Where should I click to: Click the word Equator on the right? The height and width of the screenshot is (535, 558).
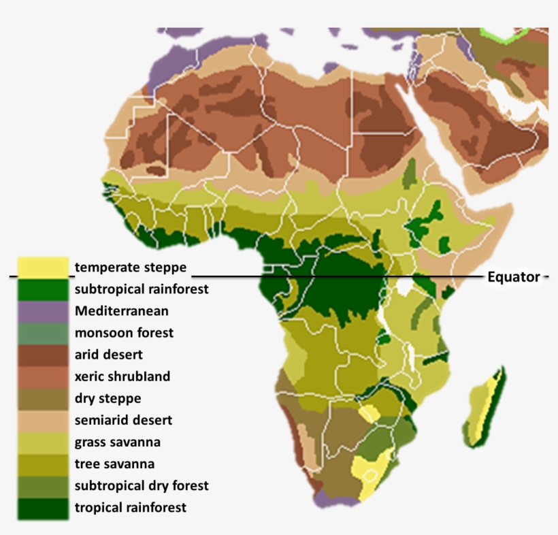pyautogui.click(x=514, y=277)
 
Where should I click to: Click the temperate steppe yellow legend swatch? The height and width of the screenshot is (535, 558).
pyautogui.click(x=44, y=267)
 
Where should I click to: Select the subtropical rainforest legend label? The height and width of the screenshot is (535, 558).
pyautogui.click(x=142, y=289)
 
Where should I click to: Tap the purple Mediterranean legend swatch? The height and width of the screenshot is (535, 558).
pyautogui.click(x=44, y=311)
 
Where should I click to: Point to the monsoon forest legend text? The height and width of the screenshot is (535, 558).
pyautogui.click(x=124, y=333)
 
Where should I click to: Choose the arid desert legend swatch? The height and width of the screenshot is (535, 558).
pyautogui.click(x=44, y=355)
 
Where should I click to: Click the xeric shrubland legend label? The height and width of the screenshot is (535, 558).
pyautogui.click(x=122, y=376)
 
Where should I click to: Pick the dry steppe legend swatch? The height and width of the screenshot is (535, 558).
pyautogui.click(x=44, y=398)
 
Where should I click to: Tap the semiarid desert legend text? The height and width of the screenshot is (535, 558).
pyautogui.click(x=123, y=420)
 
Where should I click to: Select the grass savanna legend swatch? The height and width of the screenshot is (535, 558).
pyautogui.click(x=44, y=442)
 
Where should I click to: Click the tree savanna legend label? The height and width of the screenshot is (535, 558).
pyautogui.click(x=114, y=464)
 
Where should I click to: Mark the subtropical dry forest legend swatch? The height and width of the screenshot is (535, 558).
pyautogui.click(x=44, y=485)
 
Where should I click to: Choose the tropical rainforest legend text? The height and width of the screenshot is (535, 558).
pyautogui.click(x=131, y=507)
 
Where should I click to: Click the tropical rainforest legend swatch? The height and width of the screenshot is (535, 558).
pyautogui.click(x=44, y=507)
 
